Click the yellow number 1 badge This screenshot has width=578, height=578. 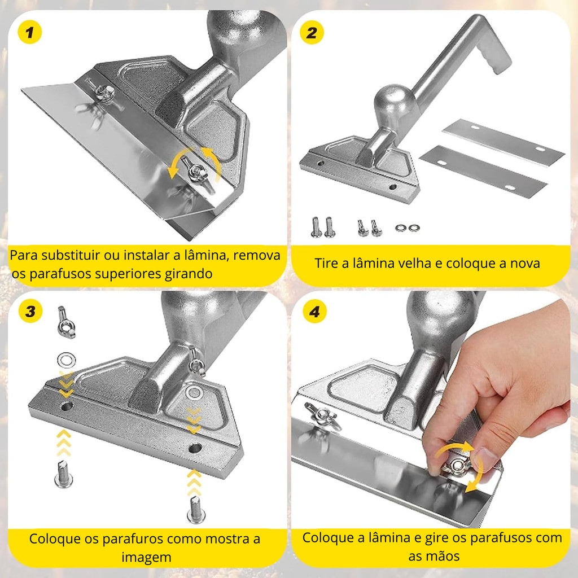click(x=29, y=32)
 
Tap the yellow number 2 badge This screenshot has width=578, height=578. click(x=312, y=32)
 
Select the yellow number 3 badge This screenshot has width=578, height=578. click(x=30, y=311)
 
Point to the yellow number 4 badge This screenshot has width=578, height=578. click(x=314, y=312)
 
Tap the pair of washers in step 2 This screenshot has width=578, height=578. click(x=408, y=228)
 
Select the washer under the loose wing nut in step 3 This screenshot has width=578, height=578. click(x=67, y=360)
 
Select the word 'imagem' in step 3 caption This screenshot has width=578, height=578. click(x=146, y=557)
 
